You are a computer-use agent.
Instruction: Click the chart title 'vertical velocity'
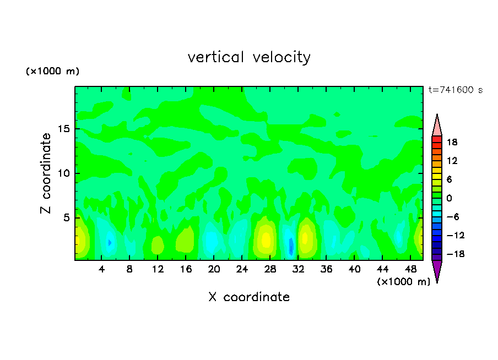click(249, 57)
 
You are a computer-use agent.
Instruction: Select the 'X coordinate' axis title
click(249, 297)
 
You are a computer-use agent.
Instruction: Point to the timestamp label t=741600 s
click(455, 90)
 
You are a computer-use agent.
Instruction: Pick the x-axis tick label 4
click(102, 270)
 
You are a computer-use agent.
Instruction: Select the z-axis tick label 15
click(63, 129)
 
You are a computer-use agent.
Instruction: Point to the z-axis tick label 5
click(66, 218)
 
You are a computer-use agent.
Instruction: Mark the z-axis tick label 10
click(63, 173)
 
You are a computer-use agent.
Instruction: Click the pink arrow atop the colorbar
click(437, 126)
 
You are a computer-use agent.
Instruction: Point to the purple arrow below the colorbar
click(437, 270)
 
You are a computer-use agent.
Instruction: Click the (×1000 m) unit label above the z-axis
click(53, 72)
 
